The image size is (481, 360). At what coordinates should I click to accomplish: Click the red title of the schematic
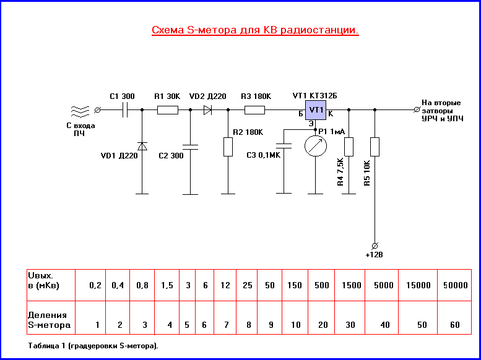click(255, 30)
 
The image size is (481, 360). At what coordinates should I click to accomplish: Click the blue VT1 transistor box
click(316, 110)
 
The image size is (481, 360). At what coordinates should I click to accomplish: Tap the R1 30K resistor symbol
click(167, 110)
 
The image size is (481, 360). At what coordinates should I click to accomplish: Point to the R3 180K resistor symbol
click(254, 110)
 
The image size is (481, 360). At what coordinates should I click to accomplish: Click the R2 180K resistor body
click(227, 147)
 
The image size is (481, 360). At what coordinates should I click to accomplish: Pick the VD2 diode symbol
click(207, 110)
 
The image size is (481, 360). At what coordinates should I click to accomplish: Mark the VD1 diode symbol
click(142, 147)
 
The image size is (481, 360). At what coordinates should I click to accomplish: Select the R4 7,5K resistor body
click(349, 147)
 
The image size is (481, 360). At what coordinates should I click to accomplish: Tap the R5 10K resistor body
click(374, 147)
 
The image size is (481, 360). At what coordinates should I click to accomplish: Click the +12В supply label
click(375, 254)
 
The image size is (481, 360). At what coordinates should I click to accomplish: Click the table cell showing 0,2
click(95, 285)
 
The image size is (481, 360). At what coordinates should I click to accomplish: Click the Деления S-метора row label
click(49, 320)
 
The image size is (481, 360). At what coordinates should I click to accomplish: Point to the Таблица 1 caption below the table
click(93, 346)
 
